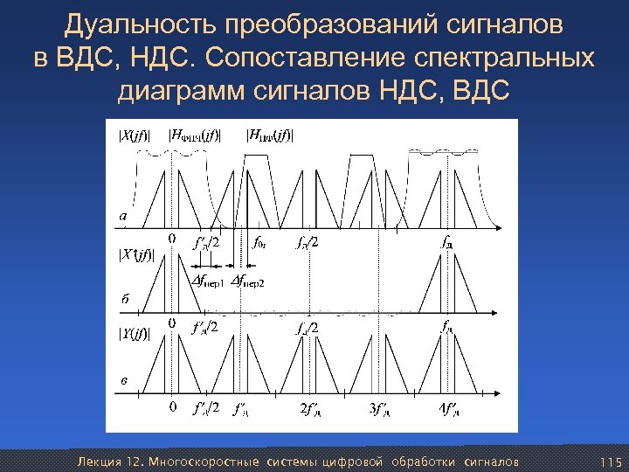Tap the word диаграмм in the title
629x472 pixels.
(188, 90)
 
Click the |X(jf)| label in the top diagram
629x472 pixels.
(134, 135)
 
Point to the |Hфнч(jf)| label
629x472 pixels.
(194, 135)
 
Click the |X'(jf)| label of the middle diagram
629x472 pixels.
(135, 255)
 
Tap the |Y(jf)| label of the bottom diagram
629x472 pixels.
(134, 333)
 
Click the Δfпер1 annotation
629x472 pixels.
(208, 281)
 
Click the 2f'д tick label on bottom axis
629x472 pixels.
(310, 408)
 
